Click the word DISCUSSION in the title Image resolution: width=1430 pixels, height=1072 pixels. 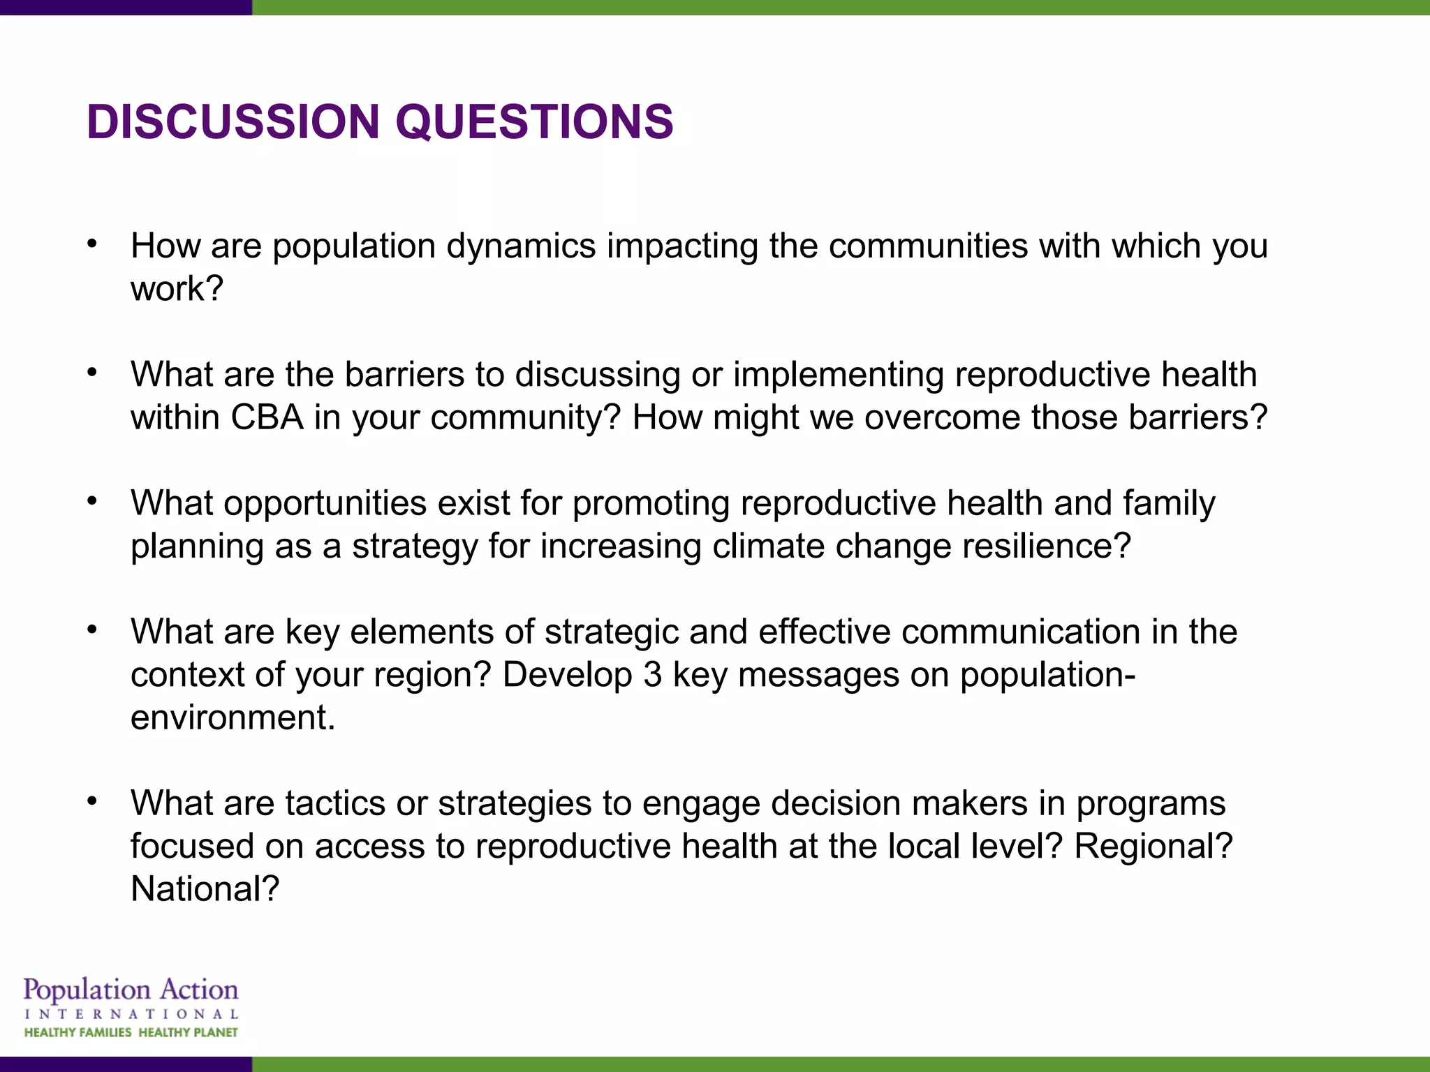pyautogui.click(x=233, y=122)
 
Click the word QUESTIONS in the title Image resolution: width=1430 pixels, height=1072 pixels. pyautogui.click(x=534, y=122)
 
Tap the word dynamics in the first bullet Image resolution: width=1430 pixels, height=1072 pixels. pyautogui.click(x=521, y=246)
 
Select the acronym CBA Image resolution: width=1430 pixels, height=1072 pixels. pyautogui.click(x=267, y=417)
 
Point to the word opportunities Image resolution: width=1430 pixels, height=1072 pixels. pyautogui.click(x=325, y=503)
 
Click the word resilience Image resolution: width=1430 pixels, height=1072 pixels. pyautogui.click(x=1039, y=546)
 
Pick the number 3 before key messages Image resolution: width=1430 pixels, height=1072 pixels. pyautogui.click(x=652, y=675)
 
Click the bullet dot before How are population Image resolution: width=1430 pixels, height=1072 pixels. pyautogui.click(x=92, y=244)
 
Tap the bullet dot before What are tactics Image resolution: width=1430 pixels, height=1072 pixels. pyautogui.click(x=92, y=801)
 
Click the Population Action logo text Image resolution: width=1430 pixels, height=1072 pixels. pyautogui.click(x=131, y=990)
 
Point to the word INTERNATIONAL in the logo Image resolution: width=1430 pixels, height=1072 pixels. pyautogui.click(x=131, y=1014)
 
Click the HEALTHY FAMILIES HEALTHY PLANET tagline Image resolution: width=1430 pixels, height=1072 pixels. pyautogui.click(x=131, y=1033)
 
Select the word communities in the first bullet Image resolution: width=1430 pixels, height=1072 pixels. pyautogui.click(x=928, y=246)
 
